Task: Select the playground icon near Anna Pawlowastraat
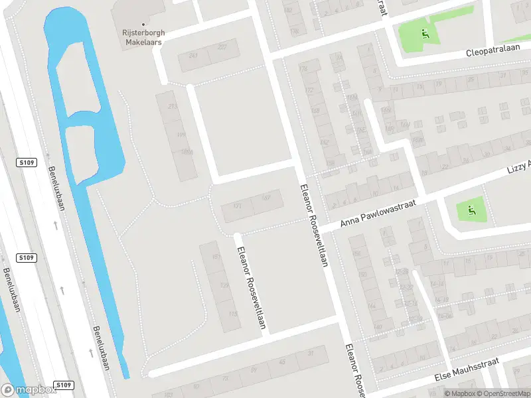click(x=471, y=211)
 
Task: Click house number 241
click(x=193, y=55)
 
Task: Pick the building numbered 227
click(x=222, y=46)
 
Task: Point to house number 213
click(x=173, y=106)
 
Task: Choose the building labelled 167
click(x=266, y=197)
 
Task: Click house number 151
click(x=215, y=257)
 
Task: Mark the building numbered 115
click(x=232, y=314)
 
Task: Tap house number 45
click(x=282, y=362)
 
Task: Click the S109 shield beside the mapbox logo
click(x=62, y=385)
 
